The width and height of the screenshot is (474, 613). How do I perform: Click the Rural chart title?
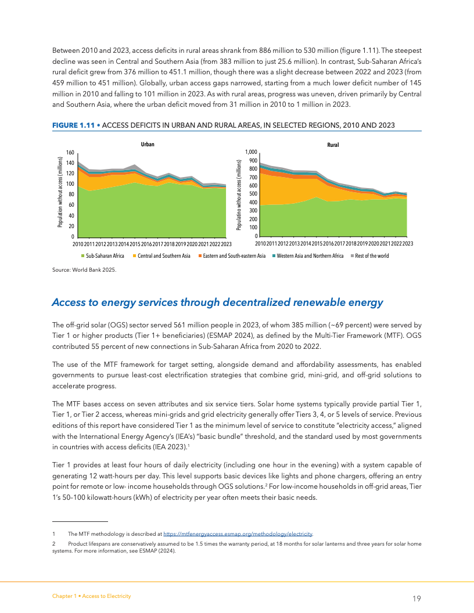tap(333, 145)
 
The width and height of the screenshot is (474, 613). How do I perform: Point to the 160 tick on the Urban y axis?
tap(69, 152)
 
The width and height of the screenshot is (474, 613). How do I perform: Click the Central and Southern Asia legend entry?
tap(164, 255)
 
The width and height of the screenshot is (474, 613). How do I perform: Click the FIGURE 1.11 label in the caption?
tap(74, 125)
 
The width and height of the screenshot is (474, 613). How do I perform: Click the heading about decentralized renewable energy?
tap(217, 302)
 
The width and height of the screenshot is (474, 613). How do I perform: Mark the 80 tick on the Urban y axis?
tap(70, 194)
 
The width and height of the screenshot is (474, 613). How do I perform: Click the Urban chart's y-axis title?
tap(60, 193)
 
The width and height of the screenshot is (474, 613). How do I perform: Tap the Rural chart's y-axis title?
tap(239, 193)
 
